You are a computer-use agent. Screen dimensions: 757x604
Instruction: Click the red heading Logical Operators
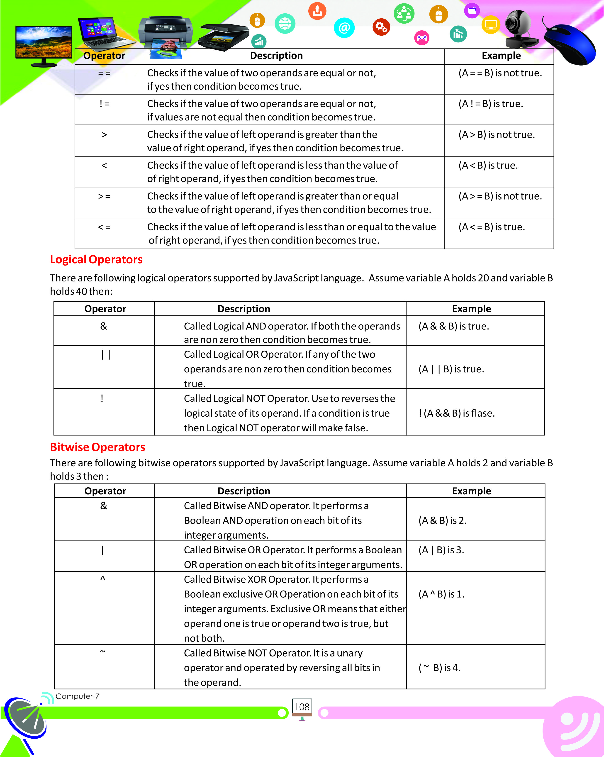pos(96,259)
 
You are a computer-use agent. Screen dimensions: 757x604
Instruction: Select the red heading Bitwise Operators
pos(97,447)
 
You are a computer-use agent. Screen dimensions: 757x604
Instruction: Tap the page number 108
pos(302,707)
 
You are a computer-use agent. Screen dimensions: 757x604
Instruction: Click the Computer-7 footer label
pos(77,696)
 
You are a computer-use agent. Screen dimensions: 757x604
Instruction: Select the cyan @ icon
pos(344,28)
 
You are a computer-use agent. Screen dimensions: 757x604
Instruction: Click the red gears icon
pos(381,27)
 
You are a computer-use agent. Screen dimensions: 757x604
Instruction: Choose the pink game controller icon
pos(422,38)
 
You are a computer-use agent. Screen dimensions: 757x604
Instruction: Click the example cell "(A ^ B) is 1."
pos(441,594)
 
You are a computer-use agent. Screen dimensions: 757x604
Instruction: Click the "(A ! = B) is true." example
pos(491,104)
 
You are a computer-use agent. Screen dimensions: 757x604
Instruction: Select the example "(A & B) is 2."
pos(442,520)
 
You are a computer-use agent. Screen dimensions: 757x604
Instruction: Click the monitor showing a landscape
pos(44,44)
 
